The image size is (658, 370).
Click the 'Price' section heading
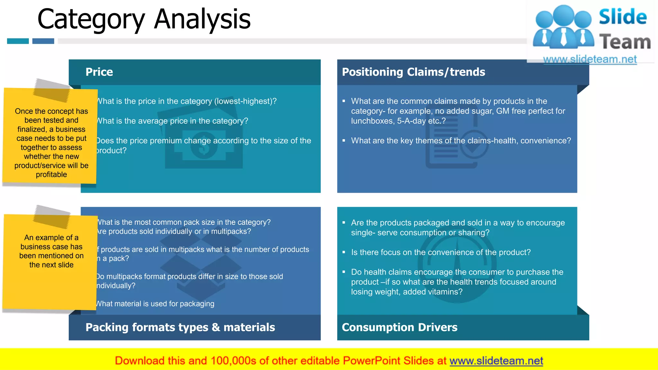tap(99, 72)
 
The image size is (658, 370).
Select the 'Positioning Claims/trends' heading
tap(413, 72)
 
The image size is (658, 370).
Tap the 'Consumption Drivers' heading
tap(399, 327)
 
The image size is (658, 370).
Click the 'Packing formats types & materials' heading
tap(180, 327)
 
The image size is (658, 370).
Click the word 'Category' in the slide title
tap(91, 19)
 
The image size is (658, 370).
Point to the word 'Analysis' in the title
tap(202, 19)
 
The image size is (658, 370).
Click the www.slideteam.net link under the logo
tap(590, 59)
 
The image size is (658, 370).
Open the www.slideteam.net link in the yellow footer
tap(496, 361)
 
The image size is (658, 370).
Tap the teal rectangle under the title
tap(18, 41)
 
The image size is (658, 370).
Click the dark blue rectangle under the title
tap(43, 41)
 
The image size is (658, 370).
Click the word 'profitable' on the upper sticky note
tap(51, 175)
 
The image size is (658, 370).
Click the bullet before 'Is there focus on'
tap(344, 252)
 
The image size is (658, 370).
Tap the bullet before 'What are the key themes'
tap(344, 141)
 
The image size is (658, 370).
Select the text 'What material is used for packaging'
tap(155, 304)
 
